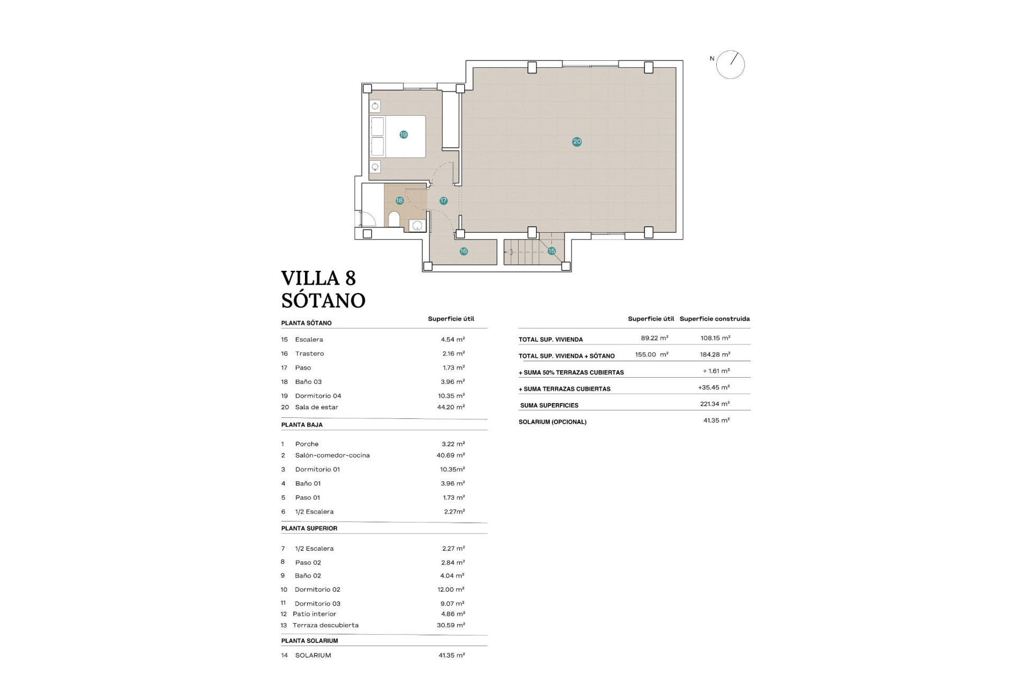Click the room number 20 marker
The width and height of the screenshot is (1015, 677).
coord(577,141)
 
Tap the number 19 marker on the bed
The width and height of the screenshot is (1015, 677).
coord(403,134)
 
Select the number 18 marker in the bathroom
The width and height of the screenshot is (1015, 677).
coord(400,200)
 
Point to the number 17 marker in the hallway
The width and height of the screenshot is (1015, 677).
coord(443,200)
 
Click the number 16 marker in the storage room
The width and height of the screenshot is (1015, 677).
coord(463,251)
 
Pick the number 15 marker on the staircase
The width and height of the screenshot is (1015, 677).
coord(551,251)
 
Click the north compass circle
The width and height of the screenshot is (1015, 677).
coord(730,65)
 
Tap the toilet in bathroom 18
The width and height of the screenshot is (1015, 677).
coord(394,219)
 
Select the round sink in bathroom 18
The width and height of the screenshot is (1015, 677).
coord(417,226)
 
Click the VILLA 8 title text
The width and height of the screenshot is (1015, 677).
coord(318,278)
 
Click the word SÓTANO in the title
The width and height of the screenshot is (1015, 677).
coord(323,300)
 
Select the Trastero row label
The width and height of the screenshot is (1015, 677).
coord(309,353)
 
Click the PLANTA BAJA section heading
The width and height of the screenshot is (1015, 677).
coord(301,425)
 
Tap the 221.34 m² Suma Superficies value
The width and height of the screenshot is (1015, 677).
coord(715,404)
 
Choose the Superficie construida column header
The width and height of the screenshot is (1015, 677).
coord(714,319)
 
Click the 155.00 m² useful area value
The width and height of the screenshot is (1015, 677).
coord(651,355)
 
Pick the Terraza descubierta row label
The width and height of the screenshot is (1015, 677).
coord(325,625)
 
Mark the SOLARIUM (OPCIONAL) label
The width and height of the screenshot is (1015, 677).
coord(552,422)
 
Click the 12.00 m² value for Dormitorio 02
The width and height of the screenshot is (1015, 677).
coord(453,589)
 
